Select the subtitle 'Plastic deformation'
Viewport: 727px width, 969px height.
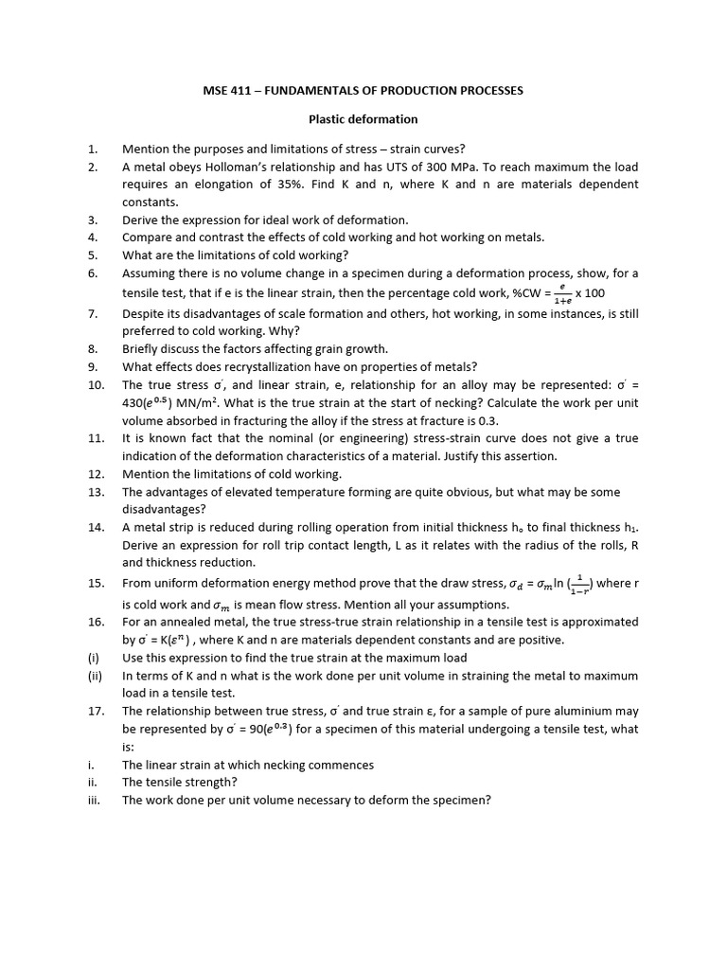coord(363,119)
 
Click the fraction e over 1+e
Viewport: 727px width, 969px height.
coord(560,293)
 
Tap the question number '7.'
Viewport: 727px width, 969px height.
coord(93,313)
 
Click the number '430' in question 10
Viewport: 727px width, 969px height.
coord(137,403)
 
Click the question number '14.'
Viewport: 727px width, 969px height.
coord(96,527)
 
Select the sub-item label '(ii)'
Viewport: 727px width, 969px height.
coord(94,676)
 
